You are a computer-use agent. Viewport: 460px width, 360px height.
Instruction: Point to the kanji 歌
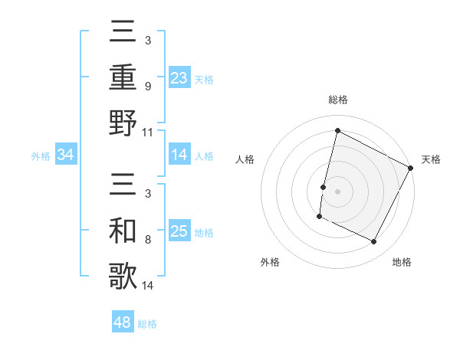pos(123,276)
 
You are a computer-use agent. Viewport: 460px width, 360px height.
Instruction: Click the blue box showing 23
pos(179,78)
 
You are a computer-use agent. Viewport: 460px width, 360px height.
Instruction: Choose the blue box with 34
pos(66,155)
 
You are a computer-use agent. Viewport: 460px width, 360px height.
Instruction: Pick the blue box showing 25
pos(179,231)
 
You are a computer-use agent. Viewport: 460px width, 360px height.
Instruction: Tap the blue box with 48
pos(123,322)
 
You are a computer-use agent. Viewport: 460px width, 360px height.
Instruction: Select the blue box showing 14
pos(179,155)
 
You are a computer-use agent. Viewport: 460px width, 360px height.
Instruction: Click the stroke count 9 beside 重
pos(148,87)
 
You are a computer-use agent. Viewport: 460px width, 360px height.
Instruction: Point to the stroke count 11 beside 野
pos(148,132)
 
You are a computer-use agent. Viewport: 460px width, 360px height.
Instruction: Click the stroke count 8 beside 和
pos(148,240)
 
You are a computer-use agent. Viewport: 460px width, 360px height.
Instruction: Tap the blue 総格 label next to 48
pos(147,324)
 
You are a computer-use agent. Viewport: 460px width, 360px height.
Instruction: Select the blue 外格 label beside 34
pos(41,156)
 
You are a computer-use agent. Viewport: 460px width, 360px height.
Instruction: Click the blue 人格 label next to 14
pos(204,156)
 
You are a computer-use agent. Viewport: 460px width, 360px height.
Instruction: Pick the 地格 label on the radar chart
pos(402,263)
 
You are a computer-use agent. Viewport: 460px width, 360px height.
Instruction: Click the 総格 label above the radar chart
pos(338,100)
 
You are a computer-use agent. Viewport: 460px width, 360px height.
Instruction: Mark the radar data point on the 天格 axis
pos(412,168)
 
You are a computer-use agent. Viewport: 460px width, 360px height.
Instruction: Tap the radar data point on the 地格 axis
pos(374,242)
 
